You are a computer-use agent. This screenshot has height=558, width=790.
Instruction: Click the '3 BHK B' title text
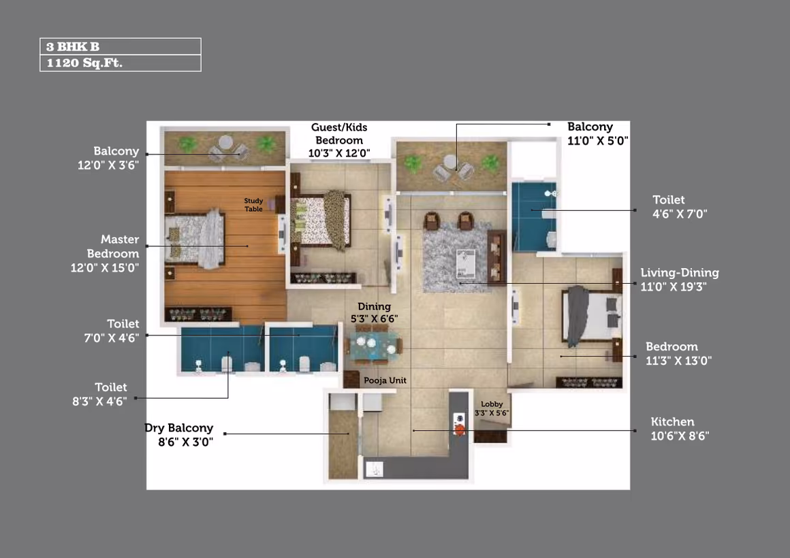coord(73,47)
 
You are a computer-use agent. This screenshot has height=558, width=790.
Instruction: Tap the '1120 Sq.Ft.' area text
coord(84,63)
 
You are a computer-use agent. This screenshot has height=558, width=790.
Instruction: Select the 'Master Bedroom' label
coord(113,246)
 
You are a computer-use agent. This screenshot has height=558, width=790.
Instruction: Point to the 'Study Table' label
coord(253,205)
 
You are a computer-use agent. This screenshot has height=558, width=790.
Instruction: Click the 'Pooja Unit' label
coord(385,380)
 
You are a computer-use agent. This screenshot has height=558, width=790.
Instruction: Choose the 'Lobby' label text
coord(492,404)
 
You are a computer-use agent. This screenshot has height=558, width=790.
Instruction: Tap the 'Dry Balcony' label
coord(179,428)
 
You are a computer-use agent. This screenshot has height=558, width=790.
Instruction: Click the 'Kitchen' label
coord(672,421)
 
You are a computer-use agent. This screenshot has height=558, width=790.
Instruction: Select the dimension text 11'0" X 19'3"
coord(673,286)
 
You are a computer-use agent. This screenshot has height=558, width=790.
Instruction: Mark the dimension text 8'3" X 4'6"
coord(99,401)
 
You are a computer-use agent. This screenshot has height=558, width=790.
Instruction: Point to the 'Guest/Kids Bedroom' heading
coord(339,134)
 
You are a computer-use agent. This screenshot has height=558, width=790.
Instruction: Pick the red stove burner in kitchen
coord(460,429)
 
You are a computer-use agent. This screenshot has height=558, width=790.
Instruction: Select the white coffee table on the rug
coord(466,263)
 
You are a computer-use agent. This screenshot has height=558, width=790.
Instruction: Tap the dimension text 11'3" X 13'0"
coord(679,361)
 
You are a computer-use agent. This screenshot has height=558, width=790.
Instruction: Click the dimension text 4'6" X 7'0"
coord(680,214)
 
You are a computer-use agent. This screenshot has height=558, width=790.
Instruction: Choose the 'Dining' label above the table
coord(375,306)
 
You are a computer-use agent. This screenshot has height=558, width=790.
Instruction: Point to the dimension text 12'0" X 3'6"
coord(108,165)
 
